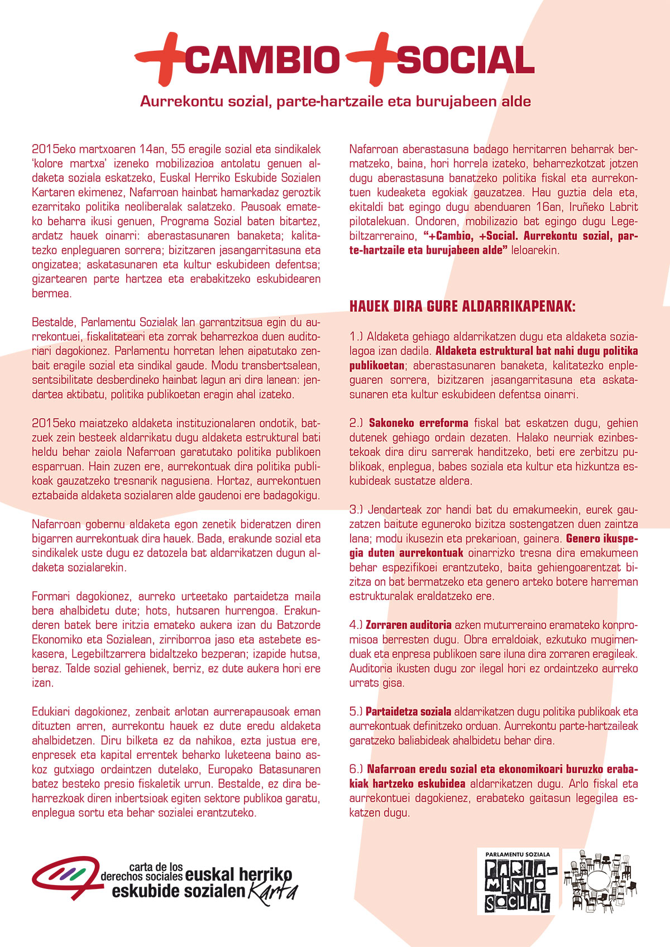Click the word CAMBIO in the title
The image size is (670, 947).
262,60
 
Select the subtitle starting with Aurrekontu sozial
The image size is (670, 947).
335,102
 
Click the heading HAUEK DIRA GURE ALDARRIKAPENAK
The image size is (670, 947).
462,306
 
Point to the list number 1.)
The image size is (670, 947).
356,337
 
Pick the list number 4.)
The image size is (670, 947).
356,625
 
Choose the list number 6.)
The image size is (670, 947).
356,769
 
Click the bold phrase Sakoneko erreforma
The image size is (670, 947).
418,423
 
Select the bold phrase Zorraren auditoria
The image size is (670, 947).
408,625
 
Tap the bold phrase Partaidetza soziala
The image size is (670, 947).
408,712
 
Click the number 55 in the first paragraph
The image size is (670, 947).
178,149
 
